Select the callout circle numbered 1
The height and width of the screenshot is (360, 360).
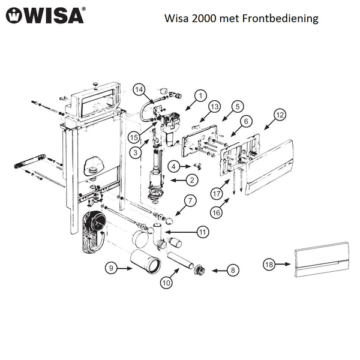coord(200,95)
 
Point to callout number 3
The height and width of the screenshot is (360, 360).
coord(137,154)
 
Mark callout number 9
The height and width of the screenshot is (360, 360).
coord(110,268)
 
